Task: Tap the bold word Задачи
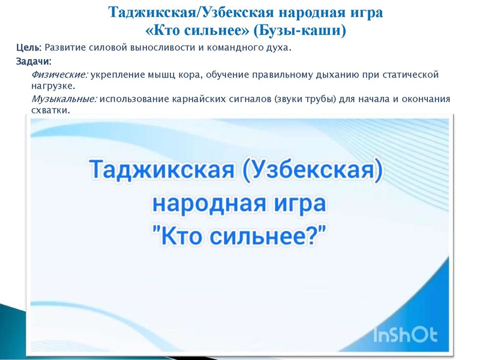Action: pyautogui.click(x=33, y=61)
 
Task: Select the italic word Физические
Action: pyautogui.click(x=59, y=75)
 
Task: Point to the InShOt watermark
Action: pyautogui.click(x=406, y=335)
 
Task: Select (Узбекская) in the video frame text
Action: pyautogui.click(x=312, y=170)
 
